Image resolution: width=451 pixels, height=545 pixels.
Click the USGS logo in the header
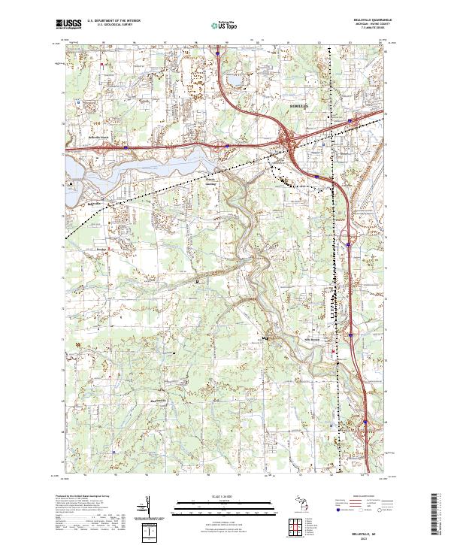[70, 23]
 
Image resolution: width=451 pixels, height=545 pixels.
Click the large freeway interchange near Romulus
[288, 141]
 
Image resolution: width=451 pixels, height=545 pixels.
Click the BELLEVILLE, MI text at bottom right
[364, 528]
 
